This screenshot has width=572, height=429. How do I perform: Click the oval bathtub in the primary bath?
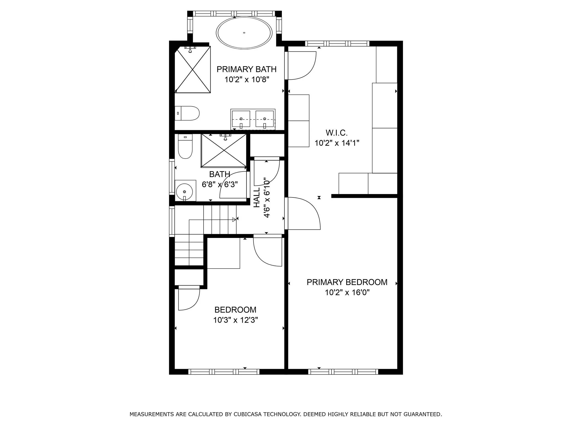click(x=244, y=33)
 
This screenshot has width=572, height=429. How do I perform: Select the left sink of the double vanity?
click(x=241, y=119)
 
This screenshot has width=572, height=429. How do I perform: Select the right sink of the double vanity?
click(x=264, y=119)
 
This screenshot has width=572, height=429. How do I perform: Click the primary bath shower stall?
click(x=193, y=70)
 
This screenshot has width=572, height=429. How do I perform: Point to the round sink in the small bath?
click(x=184, y=192)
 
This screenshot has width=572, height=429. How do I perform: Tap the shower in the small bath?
click(x=224, y=151)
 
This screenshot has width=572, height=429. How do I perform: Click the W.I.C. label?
click(x=336, y=133)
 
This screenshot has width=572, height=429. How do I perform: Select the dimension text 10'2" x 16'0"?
click(x=347, y=292)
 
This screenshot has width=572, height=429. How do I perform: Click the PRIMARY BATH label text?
click(x=246, y=69)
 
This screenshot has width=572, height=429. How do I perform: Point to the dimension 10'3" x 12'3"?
click(x=235, y=320)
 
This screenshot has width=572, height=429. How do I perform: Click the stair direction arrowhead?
click(x=234, y=220)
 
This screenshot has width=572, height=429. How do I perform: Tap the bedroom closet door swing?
click(x=189, y=299)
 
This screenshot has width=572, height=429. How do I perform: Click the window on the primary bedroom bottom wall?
click(x=343, y=372)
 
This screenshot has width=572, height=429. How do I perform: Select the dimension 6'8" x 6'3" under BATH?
click(x=220, y=184)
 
